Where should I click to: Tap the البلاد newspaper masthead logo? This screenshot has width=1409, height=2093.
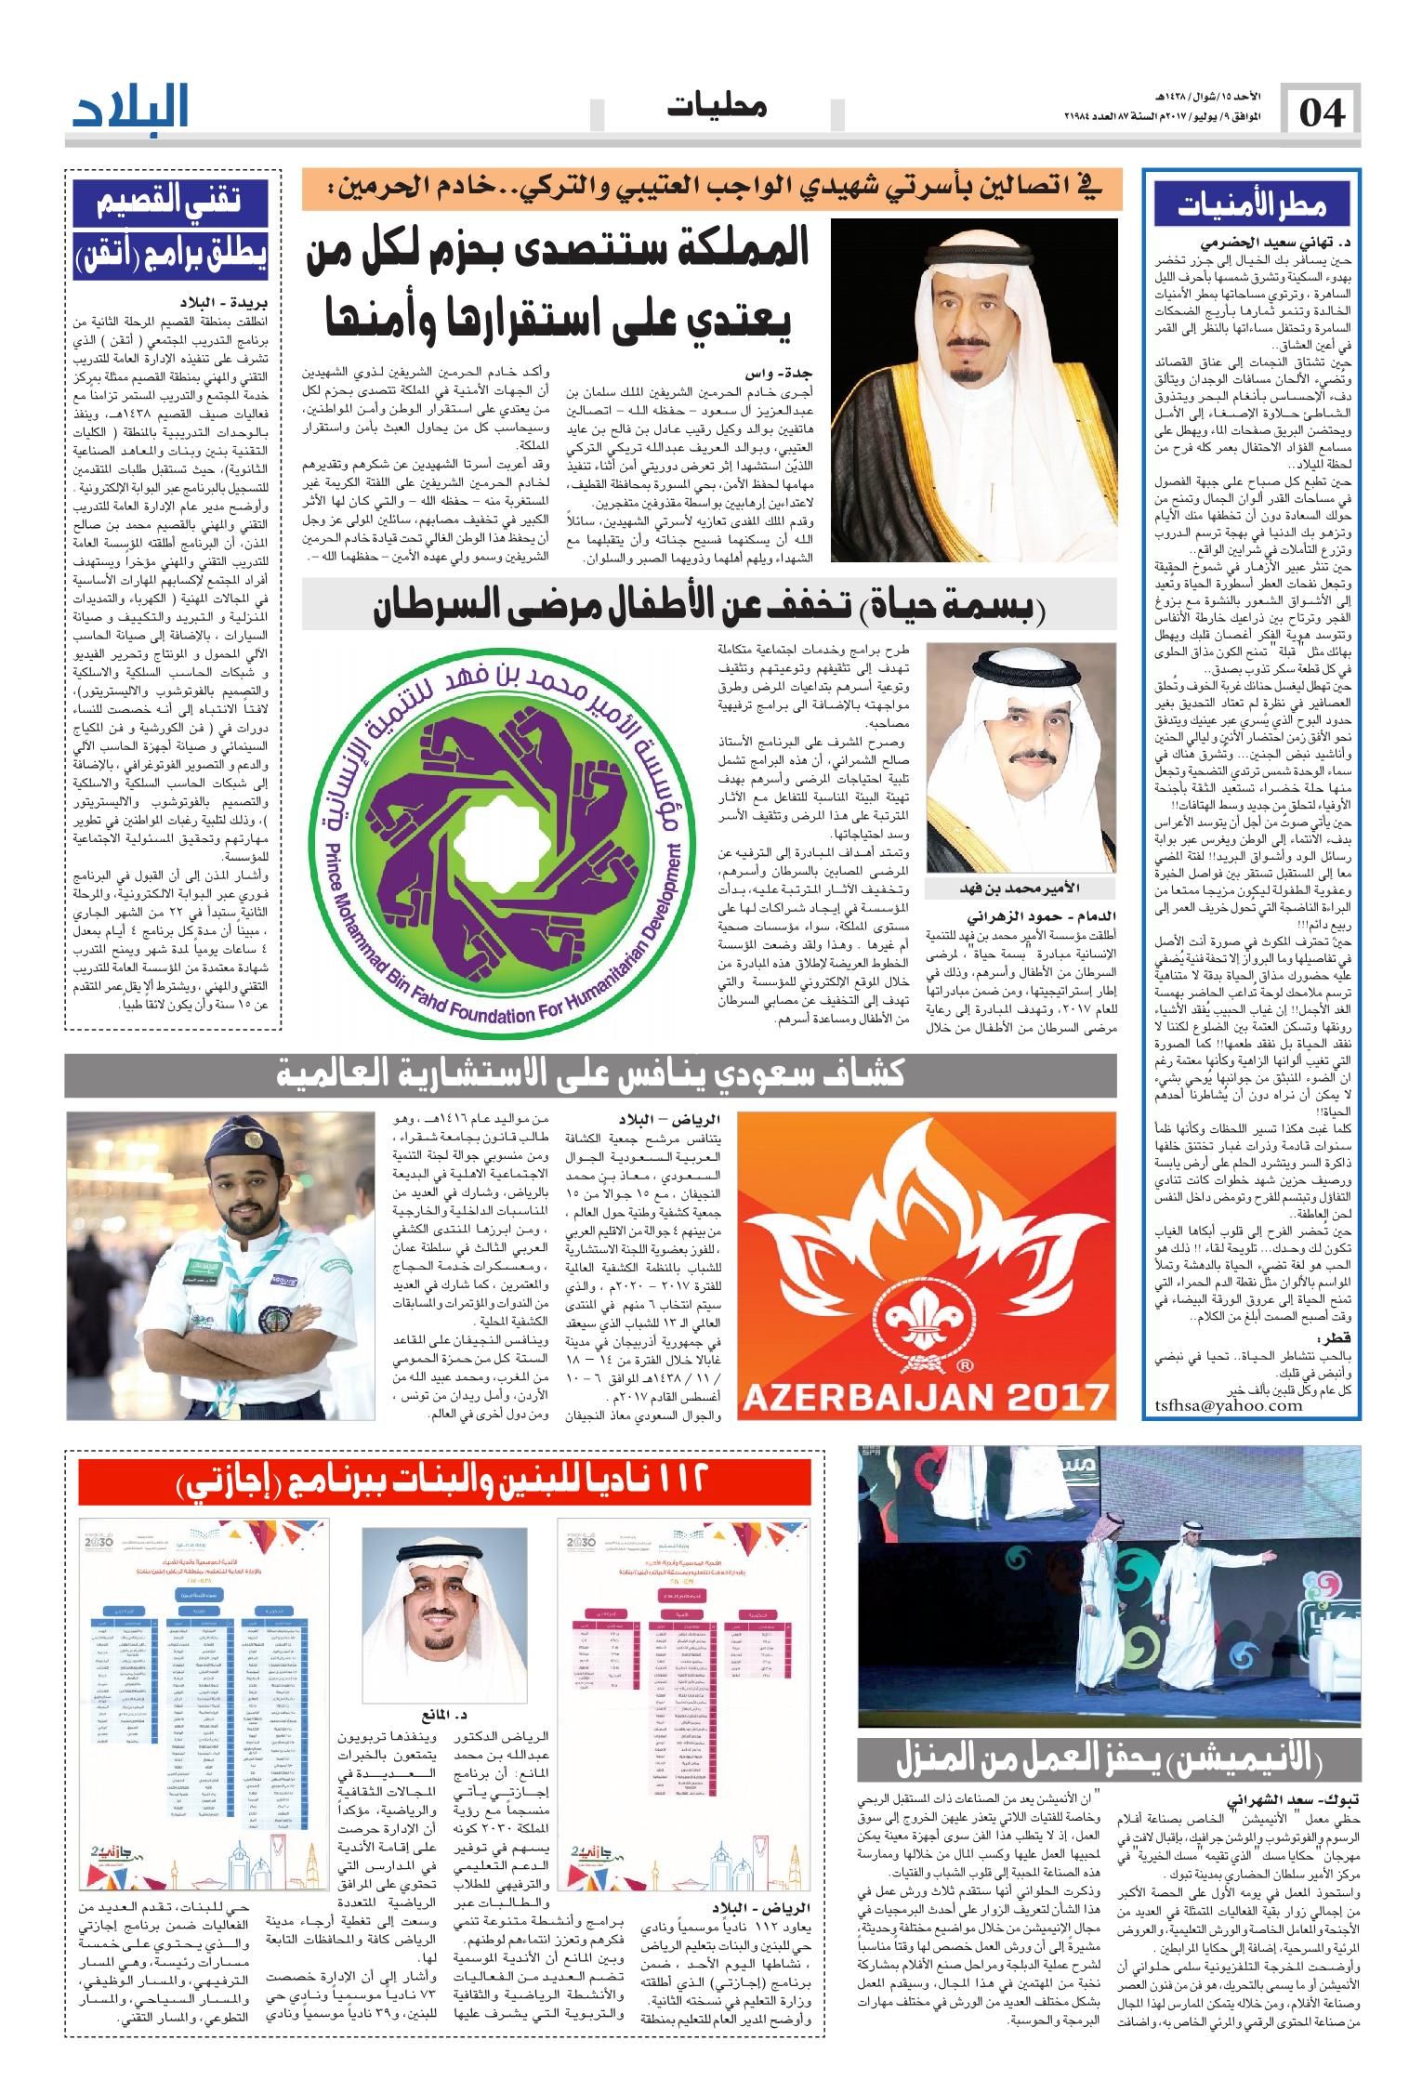[x=131, y=107]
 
